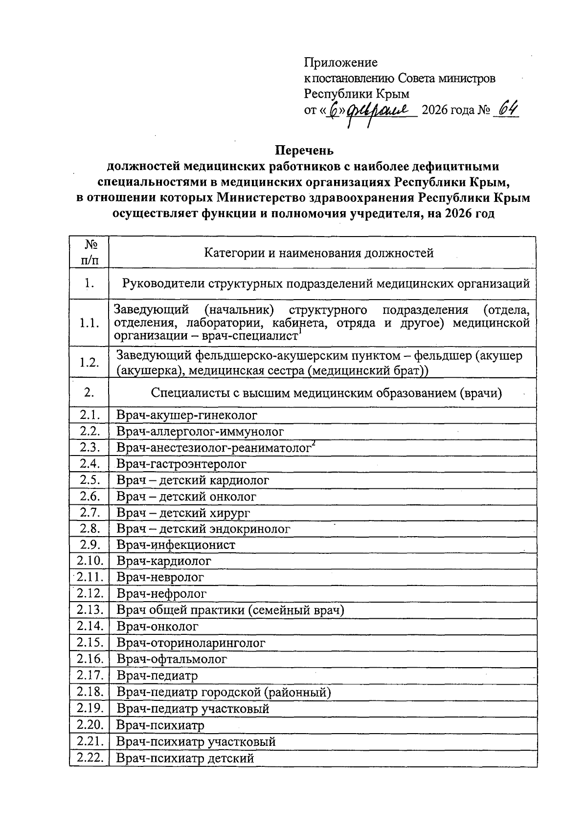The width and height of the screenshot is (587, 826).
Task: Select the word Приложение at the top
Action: point(341,63)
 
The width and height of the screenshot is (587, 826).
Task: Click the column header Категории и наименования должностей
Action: point(318,253)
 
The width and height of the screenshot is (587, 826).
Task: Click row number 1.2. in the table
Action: point(89,362)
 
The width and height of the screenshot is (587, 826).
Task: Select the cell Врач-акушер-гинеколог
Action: point(186,415)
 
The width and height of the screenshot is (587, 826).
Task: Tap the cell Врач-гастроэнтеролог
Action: point(181,463)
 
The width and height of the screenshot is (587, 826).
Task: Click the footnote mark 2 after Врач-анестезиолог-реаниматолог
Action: point(314,443)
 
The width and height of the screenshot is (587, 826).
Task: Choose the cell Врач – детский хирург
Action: point(183,513)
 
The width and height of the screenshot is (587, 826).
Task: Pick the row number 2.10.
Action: point(89,561)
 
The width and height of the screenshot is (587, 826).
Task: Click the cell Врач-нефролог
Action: point(161,594)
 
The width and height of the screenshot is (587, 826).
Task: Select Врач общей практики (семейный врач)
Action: point(230,610)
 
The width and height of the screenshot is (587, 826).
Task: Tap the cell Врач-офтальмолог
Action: point(172,659)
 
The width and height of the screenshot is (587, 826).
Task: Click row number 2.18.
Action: point(89,692)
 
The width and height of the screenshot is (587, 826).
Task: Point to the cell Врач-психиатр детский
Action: point(185,758)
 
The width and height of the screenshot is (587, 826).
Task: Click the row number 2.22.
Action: point(89,758)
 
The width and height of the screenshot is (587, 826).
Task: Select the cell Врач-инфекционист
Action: point(176,544)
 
